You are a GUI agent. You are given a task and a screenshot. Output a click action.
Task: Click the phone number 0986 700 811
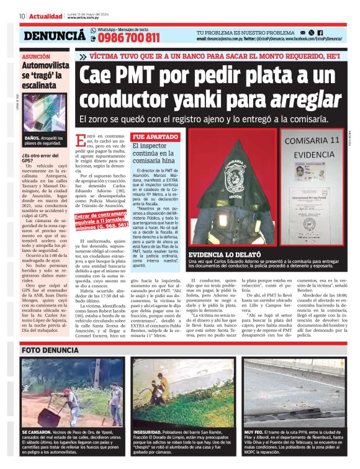(129, 38)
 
